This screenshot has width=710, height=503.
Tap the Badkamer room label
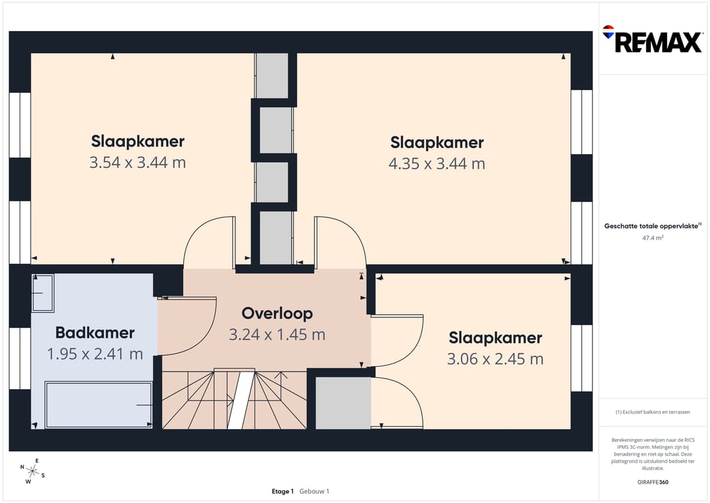pos(95,332)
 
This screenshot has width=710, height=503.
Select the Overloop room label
pos(277,313)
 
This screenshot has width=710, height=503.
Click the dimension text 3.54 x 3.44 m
pos(137,163)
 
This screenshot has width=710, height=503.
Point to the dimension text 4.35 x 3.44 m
pos(437,163)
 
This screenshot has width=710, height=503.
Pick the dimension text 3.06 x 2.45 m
pos(496,359)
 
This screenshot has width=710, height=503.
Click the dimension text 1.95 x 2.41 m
pos(95,354)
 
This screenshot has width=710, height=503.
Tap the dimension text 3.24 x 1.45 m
pos(277,334)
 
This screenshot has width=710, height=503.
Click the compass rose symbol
pos(33,471)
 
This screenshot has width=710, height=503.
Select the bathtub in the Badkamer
pos(99,405)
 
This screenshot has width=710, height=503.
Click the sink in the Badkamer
pos(43,292)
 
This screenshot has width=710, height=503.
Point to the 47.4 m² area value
pos(653,238)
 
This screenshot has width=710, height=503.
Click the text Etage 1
pos(283,491)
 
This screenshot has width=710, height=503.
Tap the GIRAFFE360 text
pos(653,482)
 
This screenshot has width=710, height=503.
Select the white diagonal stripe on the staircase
pos(241,400)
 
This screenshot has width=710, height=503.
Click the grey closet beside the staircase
pos(343,403)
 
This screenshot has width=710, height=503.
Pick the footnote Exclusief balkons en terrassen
pos(653,412)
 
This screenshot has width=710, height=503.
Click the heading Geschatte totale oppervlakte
pos(653,226)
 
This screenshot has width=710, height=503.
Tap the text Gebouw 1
pos(314,491)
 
